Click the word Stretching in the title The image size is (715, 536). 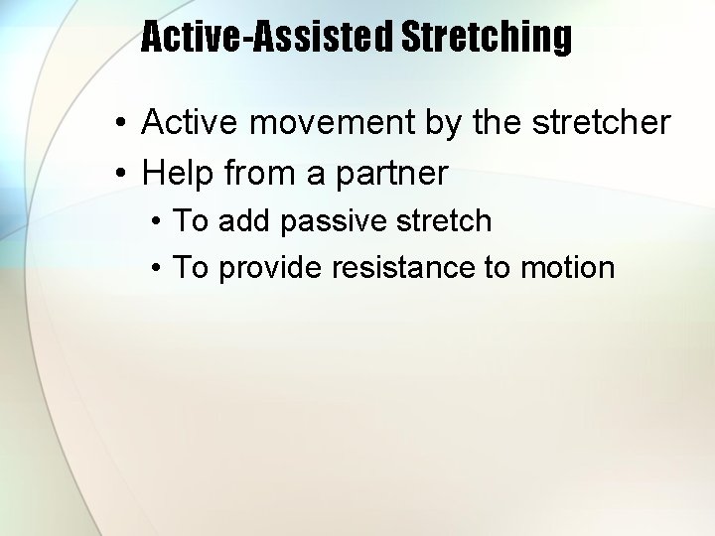click(x=486, y=37)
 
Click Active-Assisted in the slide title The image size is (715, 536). click(x=267, y=37)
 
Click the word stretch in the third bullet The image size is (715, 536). click(x=444, y=220)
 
